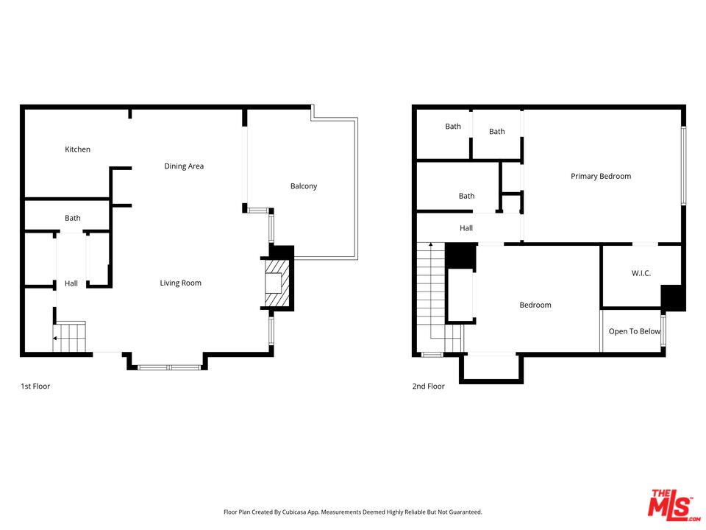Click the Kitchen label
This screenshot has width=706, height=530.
click(77, 149)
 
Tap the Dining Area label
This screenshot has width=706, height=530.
click(184, 166)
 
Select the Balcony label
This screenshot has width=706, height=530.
click(304, 186)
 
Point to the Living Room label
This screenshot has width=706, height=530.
click(181, 283)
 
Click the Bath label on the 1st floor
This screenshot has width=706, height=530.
click(73, 218)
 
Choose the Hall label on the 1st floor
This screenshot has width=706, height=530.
click(71, 283)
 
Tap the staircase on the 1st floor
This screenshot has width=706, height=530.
click(70, 336)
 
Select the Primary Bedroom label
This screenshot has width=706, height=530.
click(601, 176)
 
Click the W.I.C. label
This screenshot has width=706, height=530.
click(641, 273)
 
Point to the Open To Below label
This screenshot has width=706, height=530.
click(634, 331)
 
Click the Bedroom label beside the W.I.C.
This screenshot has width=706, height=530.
click(535, 305)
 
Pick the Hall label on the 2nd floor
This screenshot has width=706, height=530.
click(466, 228)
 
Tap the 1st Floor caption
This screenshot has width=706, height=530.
click(35, 386)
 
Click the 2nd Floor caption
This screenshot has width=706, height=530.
click(428, 386)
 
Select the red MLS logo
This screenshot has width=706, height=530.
click(670, 504)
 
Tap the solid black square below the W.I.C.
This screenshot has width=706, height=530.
click(673, 297)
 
